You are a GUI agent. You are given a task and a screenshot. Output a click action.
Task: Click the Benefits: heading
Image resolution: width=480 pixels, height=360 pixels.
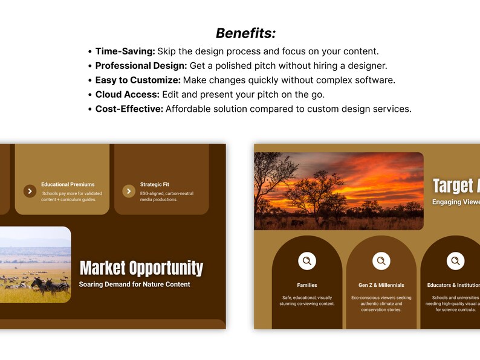(245, 33)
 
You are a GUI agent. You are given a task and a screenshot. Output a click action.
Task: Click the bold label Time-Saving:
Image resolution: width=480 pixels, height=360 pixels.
(125, 51)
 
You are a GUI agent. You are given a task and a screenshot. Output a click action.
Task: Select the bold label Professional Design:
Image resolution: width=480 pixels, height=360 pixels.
(141, 66)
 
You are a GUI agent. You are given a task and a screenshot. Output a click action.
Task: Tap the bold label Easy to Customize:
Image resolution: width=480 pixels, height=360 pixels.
(138, 80)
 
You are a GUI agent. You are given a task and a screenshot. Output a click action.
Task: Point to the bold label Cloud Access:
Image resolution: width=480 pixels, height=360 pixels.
(127, 95)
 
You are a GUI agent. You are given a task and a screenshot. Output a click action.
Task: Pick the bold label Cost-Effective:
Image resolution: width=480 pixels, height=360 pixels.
(129, 109)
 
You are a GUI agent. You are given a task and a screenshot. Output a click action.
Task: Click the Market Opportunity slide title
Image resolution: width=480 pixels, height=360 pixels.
(141, 268)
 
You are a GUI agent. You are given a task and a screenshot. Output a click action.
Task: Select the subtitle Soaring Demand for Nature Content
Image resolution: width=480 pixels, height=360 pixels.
(134, 284)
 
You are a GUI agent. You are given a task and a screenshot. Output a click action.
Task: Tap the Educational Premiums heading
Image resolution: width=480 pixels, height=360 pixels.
(68, 184)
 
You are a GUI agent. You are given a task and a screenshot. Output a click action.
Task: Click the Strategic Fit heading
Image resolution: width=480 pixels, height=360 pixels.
(155, 184)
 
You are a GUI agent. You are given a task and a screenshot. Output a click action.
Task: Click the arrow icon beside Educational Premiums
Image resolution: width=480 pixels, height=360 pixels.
(30, 191)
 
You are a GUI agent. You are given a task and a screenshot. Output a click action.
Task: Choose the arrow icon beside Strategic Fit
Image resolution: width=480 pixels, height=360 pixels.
(129, 191)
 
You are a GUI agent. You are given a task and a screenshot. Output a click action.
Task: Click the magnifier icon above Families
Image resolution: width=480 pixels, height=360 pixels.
(307, 261)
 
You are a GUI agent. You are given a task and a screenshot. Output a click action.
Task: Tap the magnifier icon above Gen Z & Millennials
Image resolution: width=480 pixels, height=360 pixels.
(381, 261)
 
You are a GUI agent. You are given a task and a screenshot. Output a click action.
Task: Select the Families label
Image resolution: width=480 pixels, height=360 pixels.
(307, 285)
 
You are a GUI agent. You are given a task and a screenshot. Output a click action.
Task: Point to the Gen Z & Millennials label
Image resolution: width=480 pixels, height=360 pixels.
(381, 285)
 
